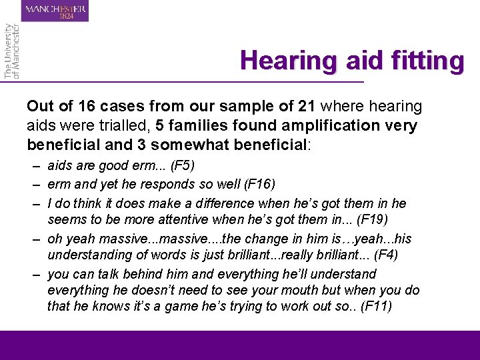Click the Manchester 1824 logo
tap(55, 11)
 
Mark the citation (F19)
tap(354, 219)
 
